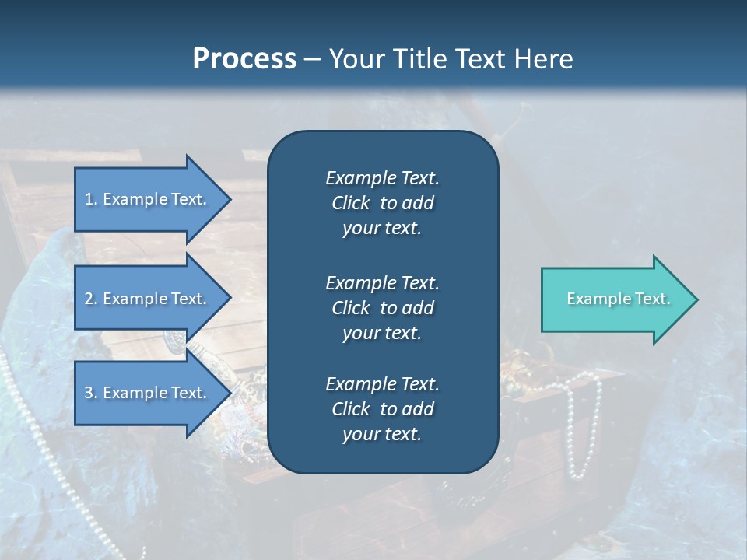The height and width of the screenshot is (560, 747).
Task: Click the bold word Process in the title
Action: pos(244,58)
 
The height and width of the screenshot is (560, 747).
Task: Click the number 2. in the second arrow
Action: pos(91,299)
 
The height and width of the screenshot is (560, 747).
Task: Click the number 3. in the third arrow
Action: pos(91,393)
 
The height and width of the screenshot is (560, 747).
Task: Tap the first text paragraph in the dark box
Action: pos(382,203)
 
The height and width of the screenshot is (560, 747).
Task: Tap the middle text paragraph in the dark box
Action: pos(382,308)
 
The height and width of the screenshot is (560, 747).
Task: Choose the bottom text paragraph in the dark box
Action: pos(382,409)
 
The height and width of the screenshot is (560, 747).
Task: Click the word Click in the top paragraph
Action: pos(350,203)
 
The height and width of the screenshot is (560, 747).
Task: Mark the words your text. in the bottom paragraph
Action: pos(382,434)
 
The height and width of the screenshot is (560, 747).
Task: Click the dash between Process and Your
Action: pos(313,59)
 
